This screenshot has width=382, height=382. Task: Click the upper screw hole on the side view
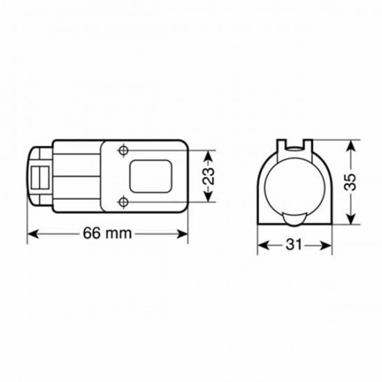click(123, 150)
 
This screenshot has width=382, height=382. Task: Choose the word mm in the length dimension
click(119, 234)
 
